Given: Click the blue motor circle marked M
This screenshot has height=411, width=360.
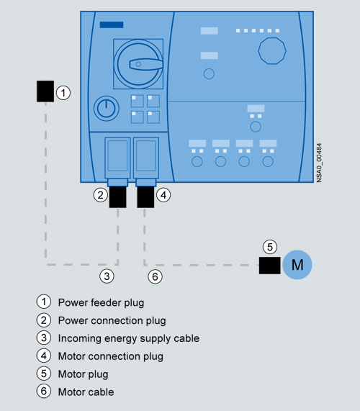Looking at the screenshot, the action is (x=297, y=265).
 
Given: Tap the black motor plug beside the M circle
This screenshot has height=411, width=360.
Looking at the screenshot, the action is (x=269, y=266).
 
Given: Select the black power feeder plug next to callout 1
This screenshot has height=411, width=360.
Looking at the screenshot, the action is (x=45, y=91).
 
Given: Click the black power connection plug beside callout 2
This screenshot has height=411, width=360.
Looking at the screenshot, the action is (x=118, y=197).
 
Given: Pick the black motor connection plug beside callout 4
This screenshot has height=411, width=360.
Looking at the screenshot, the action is (x=145, y=197).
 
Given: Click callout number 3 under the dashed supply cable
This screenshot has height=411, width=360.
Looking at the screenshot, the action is (x=107, y=276).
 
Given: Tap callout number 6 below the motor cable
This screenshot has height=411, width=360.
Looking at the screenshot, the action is (x=156, y=276).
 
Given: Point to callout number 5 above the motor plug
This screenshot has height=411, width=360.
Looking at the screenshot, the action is (x=270, y=247).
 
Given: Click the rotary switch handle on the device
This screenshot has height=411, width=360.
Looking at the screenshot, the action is (x=145, y=64).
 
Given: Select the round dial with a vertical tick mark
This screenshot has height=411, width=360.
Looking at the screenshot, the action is (x=106, y=108).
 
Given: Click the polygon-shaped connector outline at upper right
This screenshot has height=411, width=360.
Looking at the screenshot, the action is (x=272, y=50).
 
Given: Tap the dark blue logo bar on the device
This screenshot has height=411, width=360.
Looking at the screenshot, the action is (x=112, y=24).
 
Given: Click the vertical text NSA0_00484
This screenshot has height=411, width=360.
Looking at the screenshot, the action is (x=319, y=163).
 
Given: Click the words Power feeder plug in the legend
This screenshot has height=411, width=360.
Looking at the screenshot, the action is (x=101, y=302).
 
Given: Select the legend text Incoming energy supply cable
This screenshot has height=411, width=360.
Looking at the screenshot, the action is (x=129, y=338).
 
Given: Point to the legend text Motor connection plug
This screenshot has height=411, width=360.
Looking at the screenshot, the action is (x=111, y=356).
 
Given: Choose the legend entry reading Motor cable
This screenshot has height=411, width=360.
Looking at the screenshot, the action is (x=86, y=392).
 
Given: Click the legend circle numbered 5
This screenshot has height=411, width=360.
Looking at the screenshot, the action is (x=43, y=374).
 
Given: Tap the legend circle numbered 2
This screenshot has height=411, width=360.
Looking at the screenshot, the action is (x=43, y=320).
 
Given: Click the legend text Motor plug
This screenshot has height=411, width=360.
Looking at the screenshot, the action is (x=83, y=374).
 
